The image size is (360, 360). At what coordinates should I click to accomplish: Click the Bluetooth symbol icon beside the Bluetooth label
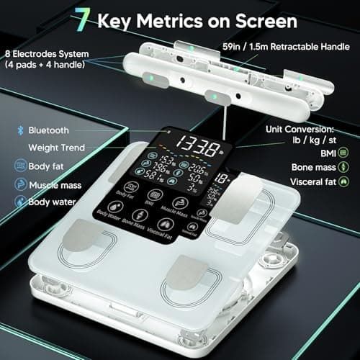point(21,130)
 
